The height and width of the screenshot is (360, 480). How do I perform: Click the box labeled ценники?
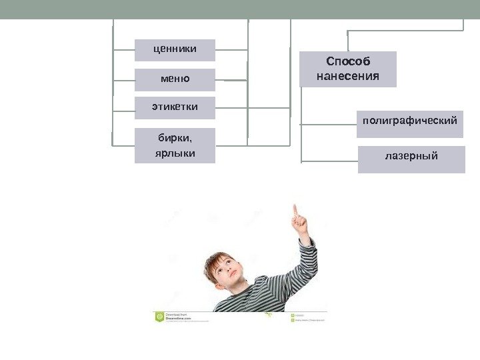point(175,49)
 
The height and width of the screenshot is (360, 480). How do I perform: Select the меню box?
point(175,79)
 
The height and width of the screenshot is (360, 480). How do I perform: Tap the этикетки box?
point(175,107)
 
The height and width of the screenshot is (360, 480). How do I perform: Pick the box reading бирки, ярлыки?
point(175,145)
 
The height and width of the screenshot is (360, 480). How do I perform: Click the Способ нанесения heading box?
point(347,69)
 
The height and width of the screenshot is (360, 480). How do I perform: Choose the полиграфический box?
point(410,124)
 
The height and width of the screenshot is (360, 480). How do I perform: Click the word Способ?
point(347,62)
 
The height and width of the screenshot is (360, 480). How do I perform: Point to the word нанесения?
point(347,76)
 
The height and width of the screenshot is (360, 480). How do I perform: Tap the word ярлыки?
point(175,153)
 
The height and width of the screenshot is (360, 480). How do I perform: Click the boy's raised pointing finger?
point(295,211)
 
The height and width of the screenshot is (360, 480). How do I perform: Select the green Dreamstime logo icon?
point(159,317)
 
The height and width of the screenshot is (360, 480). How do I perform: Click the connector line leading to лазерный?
point(329,161)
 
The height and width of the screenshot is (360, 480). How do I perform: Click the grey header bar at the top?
point(240,9)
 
